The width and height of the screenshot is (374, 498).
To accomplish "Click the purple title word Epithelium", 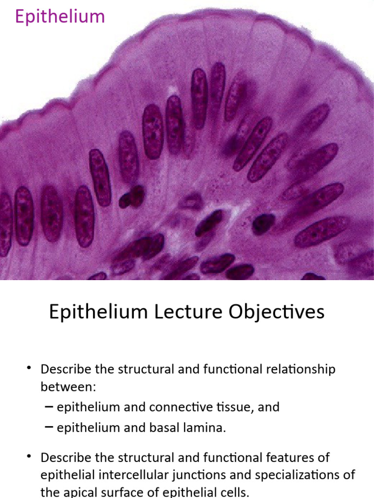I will (60, 17).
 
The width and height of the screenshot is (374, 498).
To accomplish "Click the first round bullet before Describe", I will (30, 369).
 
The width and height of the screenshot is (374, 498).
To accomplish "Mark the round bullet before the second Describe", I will (30, 457).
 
